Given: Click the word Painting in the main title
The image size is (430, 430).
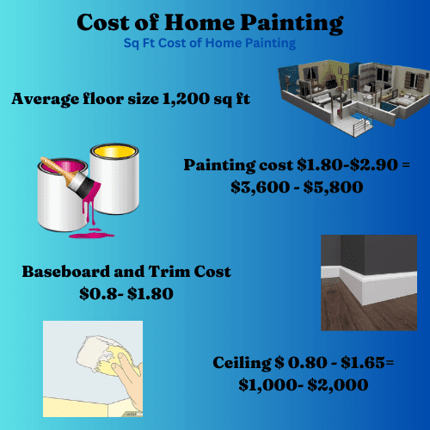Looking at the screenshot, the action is click(292, 23).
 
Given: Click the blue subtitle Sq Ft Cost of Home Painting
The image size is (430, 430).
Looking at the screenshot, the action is click(210, 43).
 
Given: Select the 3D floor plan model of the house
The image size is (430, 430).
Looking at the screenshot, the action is click(355, 97).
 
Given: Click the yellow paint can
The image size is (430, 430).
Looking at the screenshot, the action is click(115, 178).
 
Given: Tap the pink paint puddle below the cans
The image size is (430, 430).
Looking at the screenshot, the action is click(92, 235).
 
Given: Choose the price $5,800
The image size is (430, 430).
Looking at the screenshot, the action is click(333, 187).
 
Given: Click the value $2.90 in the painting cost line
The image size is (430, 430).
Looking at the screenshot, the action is click(374, 165).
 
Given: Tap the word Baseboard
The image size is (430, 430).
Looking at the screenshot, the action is click(66, 272).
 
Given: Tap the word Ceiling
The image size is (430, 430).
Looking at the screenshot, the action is click(243, 363).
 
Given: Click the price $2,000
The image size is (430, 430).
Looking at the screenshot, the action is click(338, 385).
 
